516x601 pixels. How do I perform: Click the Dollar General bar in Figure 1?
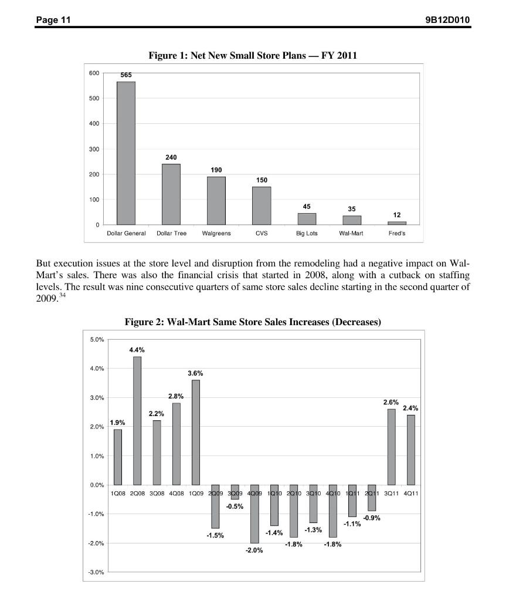[x=126, y=153]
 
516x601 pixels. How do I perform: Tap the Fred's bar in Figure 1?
[x=397, y=223]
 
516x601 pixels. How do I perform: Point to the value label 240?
[x=171, y=157]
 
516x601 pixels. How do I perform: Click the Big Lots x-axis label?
[x=307, y=234]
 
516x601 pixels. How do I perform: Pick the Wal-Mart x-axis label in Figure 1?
[x=351, y=234]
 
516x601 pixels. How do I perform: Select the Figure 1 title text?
[x=253, y=55]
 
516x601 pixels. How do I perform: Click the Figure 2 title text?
[x=253, y=322]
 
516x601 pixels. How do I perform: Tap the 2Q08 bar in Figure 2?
[x=137, y=420]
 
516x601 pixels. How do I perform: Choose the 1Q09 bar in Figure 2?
[x=196, y=432]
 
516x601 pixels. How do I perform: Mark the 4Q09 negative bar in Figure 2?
[x=254, y=514]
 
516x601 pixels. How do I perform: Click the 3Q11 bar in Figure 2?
[x=391, y=447]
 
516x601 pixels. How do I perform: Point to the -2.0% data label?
[x=254, y=551]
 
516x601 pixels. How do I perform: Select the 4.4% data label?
[x=137, y=350]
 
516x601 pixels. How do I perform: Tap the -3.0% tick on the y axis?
[x=96, y=572]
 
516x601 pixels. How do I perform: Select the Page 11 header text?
[x=53, y=21]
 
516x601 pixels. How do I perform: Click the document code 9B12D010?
[x=447, y=21]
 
